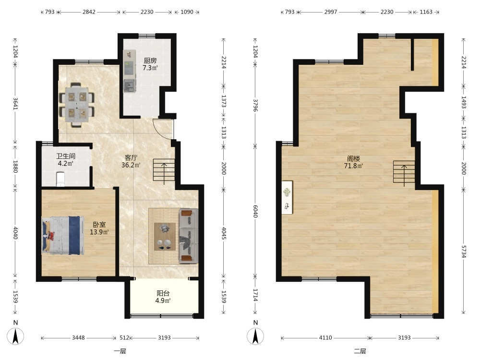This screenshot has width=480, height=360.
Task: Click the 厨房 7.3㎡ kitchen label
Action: click(150, 64)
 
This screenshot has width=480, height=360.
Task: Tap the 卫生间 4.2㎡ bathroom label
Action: click(65, 160)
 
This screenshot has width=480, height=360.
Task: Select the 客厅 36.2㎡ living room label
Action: click(131, 161)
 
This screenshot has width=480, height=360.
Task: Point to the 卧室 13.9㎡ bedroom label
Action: click(99, 228)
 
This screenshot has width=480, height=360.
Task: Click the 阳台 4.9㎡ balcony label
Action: click(163, 297)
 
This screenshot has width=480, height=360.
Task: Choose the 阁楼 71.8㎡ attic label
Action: click(353, 162)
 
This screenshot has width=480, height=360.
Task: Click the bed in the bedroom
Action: click(63, 235)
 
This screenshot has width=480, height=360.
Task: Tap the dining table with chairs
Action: click(77, 104)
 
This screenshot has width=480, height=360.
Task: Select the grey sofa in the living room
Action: click(188, 236)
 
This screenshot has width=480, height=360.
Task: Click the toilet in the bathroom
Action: click(60, 179)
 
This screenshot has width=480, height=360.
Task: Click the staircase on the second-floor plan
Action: click(404, 172)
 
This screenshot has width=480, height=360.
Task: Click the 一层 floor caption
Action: click(120, 351)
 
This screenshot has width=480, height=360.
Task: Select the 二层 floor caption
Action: click(360, 351)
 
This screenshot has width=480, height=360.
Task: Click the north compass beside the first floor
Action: click(16, 336)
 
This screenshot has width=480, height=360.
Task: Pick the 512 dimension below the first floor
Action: click(124, 337)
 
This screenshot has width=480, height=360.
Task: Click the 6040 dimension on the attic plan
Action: click(255, 211)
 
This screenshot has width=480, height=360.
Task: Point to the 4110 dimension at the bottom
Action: click(325, 337)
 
